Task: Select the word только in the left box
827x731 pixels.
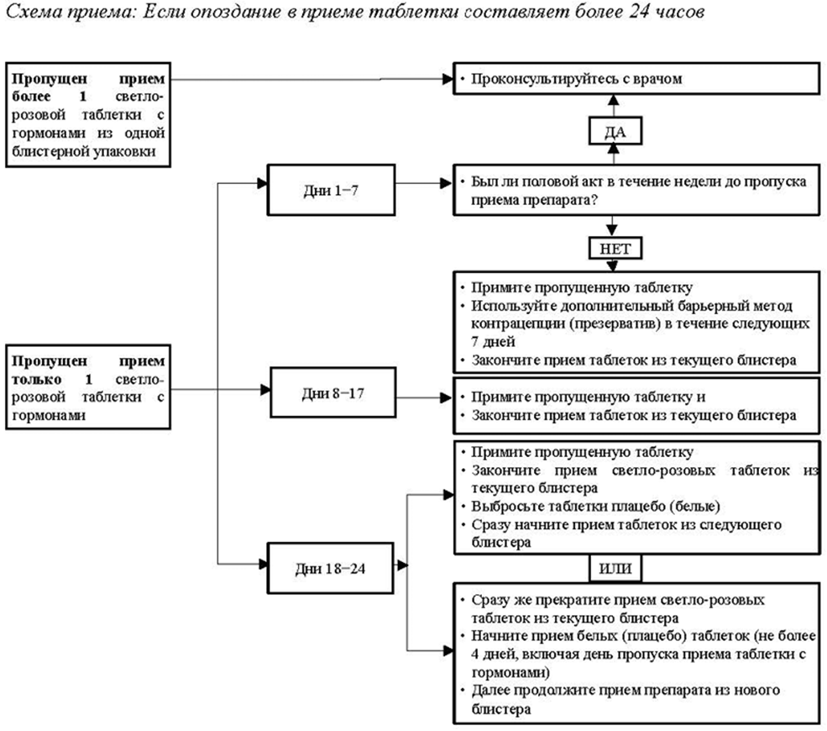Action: (x=33, y=379)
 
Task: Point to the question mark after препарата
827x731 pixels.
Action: (x=598, y=202)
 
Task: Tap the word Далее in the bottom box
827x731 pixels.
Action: (x=490, y=691)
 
